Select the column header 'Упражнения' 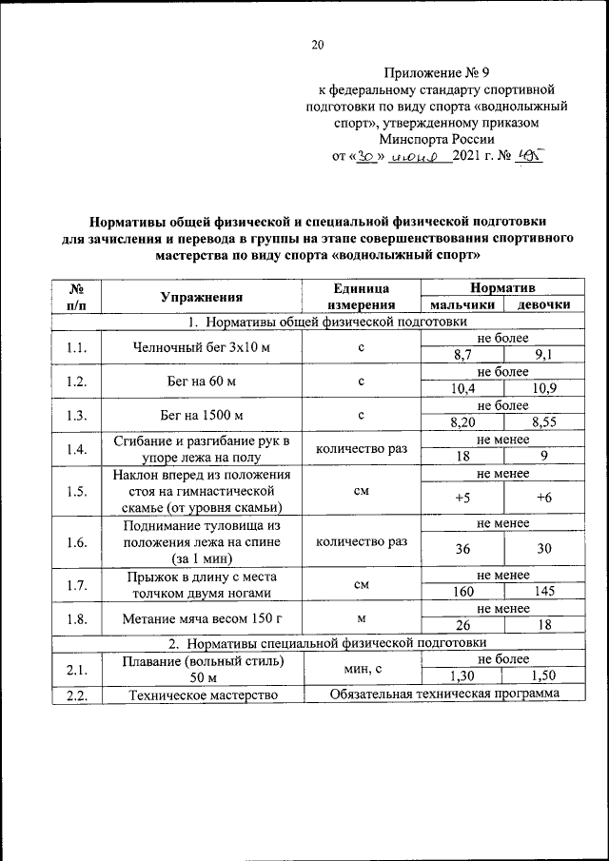201,296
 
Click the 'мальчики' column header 462,305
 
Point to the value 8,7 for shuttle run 462,356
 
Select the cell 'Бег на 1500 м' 201,416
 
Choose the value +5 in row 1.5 462,498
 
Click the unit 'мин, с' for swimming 362,670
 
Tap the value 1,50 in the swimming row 544,676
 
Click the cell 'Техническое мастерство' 201,695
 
